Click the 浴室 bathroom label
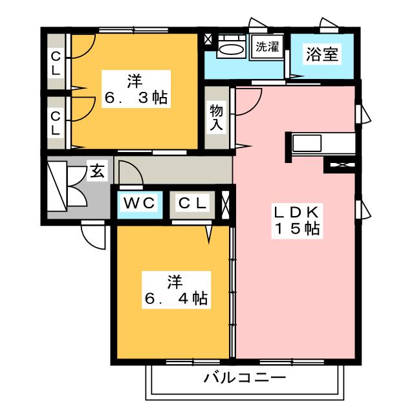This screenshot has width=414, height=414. [321, 54]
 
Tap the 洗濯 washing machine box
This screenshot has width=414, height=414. [267, 47]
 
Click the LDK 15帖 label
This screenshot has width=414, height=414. [297, 221]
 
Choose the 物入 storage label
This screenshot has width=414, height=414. [216, 117]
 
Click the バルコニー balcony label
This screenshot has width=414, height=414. [245, 377]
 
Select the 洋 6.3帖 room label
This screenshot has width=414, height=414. [135, 90]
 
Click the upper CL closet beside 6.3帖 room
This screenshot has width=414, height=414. [56, 63]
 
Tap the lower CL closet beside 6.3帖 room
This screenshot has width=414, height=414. [56, 122]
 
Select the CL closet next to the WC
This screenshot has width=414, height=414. [193, 203]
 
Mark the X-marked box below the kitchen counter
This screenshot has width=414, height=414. [341, 166]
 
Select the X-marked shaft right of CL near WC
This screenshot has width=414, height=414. [226, 203]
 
